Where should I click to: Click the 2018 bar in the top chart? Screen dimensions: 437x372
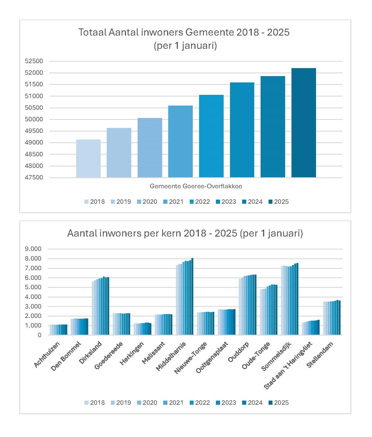pyautogui.click(x=88, y=158)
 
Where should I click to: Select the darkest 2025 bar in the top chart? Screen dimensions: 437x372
pyautogui.click(x=304, y=123)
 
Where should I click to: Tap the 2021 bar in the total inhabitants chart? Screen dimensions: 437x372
pyautogui.click(x=180, y=141)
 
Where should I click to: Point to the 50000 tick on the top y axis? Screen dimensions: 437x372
pyautogui.click(x=34, y=119)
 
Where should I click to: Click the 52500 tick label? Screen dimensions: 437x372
pyautogui.click(x=34, y=61)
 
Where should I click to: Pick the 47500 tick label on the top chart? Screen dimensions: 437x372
pyautogui.click(x=34, y=178)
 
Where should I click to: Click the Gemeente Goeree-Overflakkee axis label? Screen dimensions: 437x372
pyautogui.click(x=196, y=186)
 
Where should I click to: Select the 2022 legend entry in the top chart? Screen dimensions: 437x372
pyautogui.click(x=200, y=202)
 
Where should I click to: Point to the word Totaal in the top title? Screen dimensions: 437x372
pyautogui.click(x=92, y=33)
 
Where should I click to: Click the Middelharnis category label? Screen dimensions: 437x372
pyautogui.click(x=171, y=356)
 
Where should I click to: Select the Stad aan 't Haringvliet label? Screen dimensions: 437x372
pyautogui.click(x=288, y=365)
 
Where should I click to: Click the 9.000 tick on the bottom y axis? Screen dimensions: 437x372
pyautogui.click(x=33, y=249)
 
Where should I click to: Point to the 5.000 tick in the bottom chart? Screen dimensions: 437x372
pyautogui.click(x=33, y=287)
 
